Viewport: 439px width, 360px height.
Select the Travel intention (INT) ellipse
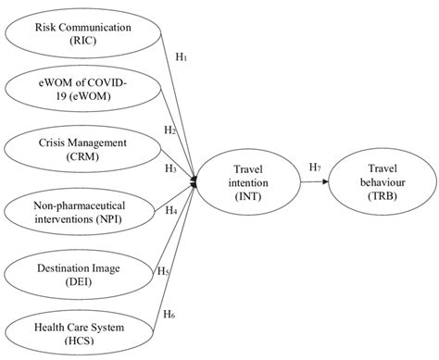click(251, 180)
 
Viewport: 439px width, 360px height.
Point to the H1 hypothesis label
click(182, 56)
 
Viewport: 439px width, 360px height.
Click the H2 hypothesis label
click(169, 130)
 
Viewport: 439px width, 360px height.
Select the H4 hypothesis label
click(171, 210)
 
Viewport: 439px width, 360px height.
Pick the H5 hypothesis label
click(163, 271)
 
